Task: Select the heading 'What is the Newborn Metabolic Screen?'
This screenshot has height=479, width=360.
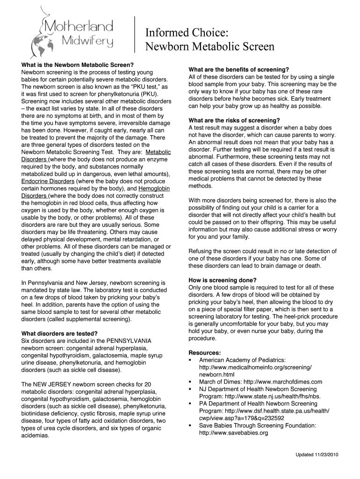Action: [x=78, y=65]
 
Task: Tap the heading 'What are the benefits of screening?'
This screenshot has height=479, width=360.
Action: [x=238, y=69]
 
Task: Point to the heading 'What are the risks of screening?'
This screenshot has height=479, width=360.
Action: [x=234, y=120]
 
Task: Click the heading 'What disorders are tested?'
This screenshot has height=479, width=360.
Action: [x=59, y=334]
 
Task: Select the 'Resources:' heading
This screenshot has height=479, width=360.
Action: [x=205, y=352]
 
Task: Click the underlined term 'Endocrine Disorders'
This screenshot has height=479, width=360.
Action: [x=47, y=181]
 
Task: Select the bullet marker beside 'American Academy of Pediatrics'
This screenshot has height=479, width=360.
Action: [x=190, y=360]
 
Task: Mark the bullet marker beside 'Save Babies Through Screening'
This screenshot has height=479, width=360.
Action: [x=190, y=426]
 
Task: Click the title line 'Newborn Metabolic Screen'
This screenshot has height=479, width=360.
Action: [x=209, y=47]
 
